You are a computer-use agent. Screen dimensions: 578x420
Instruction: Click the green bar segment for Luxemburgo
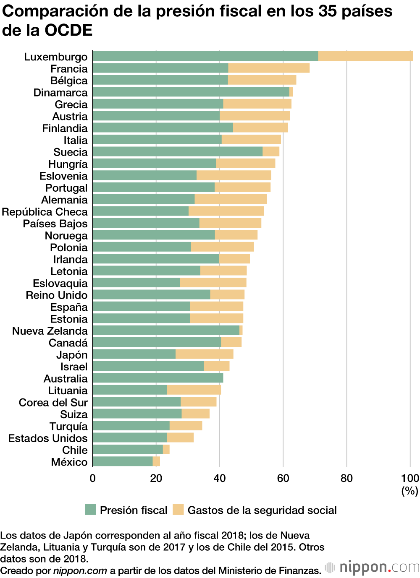coord(205,56)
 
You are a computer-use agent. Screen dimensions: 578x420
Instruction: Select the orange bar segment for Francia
coord(269,68)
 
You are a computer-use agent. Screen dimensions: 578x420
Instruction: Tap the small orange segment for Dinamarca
coord(291,92)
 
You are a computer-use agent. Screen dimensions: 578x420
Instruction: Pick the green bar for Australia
coord(157,378)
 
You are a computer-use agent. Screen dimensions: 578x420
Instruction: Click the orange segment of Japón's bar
coord(204,354)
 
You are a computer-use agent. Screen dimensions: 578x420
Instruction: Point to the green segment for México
coord(122,462)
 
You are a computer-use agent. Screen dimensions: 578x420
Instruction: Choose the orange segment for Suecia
coord(271,152)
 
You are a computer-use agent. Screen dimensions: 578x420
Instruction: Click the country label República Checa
coord(45,212)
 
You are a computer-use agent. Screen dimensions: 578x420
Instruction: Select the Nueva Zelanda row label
coord(50,331)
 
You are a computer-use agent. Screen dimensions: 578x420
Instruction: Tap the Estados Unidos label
coord(48,438)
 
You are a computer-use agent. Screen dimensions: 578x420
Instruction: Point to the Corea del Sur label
coord(53,403)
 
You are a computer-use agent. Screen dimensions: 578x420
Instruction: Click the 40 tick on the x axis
coord(219,479)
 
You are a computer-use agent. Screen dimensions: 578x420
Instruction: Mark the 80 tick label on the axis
coord(346,479)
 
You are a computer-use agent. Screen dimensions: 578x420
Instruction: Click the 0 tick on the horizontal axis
coord(92,479)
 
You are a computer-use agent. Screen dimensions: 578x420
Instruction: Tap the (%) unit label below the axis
coord(409,491)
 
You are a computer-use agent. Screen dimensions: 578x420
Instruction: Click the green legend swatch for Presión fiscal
coord(90,510)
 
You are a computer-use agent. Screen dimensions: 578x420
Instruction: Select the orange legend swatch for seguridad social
coord(178,510)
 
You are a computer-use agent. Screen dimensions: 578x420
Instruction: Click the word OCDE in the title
coord(68,30)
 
